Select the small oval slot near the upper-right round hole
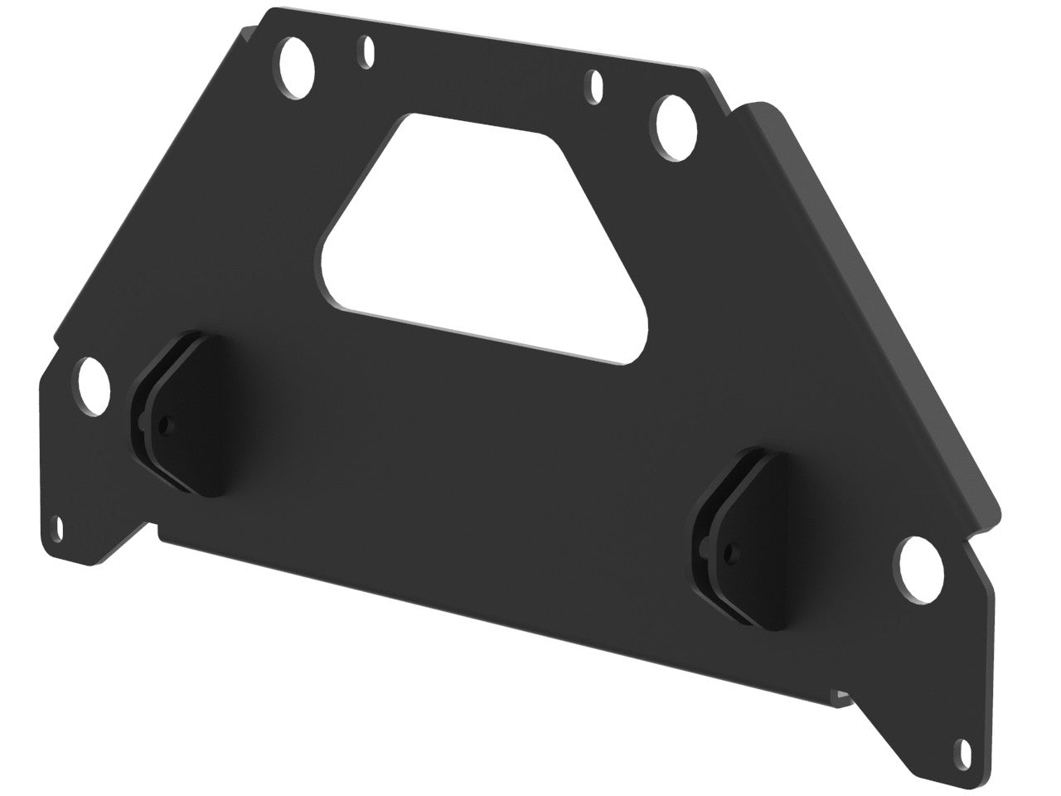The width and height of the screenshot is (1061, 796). (x=596, y=86)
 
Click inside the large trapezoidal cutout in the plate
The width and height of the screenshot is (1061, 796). (x=481, y=232)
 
